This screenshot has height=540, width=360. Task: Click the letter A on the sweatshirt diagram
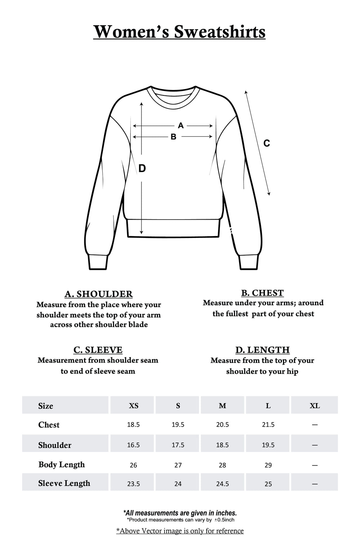pyautogui.click(x=181, y=125)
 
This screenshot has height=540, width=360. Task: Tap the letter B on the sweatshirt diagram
pyautogui.click(x=174, y=137)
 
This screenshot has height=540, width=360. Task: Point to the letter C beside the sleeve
pyautogui.click(x=266, y=143)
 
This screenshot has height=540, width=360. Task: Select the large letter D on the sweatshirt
pyautogui.click(x=142, y=168)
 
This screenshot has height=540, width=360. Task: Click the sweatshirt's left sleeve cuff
pyautogui.click(x=98, y=262)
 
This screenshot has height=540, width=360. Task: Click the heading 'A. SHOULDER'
pyautogui.click(x=99, y=294)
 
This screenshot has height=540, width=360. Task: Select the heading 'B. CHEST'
pyautogui.click(x=262, y=293)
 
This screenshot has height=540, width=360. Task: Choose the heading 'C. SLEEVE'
pyautogui.click(x=98, y=350)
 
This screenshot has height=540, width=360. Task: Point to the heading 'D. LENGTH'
pyautogui.click(x=262, y=350)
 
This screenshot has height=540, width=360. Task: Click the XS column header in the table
pyautogui.click(x=134, y=406)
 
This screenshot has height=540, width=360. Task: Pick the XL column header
pyautogui.click(x=315, y=406)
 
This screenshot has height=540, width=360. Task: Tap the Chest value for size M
pyautogui.click(x=222, y=425)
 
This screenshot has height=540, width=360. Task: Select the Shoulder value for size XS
pyautogui.click(x=133, y=445)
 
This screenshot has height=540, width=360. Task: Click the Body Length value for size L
pyautogui.click(x=268, y=465)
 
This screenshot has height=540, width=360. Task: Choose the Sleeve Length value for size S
pyautogui.click(x=178, y=484)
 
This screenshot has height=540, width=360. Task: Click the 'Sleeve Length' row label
pyautogui.click(x=64, y=483)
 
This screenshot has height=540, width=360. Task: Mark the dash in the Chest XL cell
pyautogui.click(x=315, y=425)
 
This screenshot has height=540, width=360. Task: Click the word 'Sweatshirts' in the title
pyautogui.click(x=220, y=32)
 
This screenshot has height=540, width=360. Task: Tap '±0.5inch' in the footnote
pyautogui.click(x=224, y=520)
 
